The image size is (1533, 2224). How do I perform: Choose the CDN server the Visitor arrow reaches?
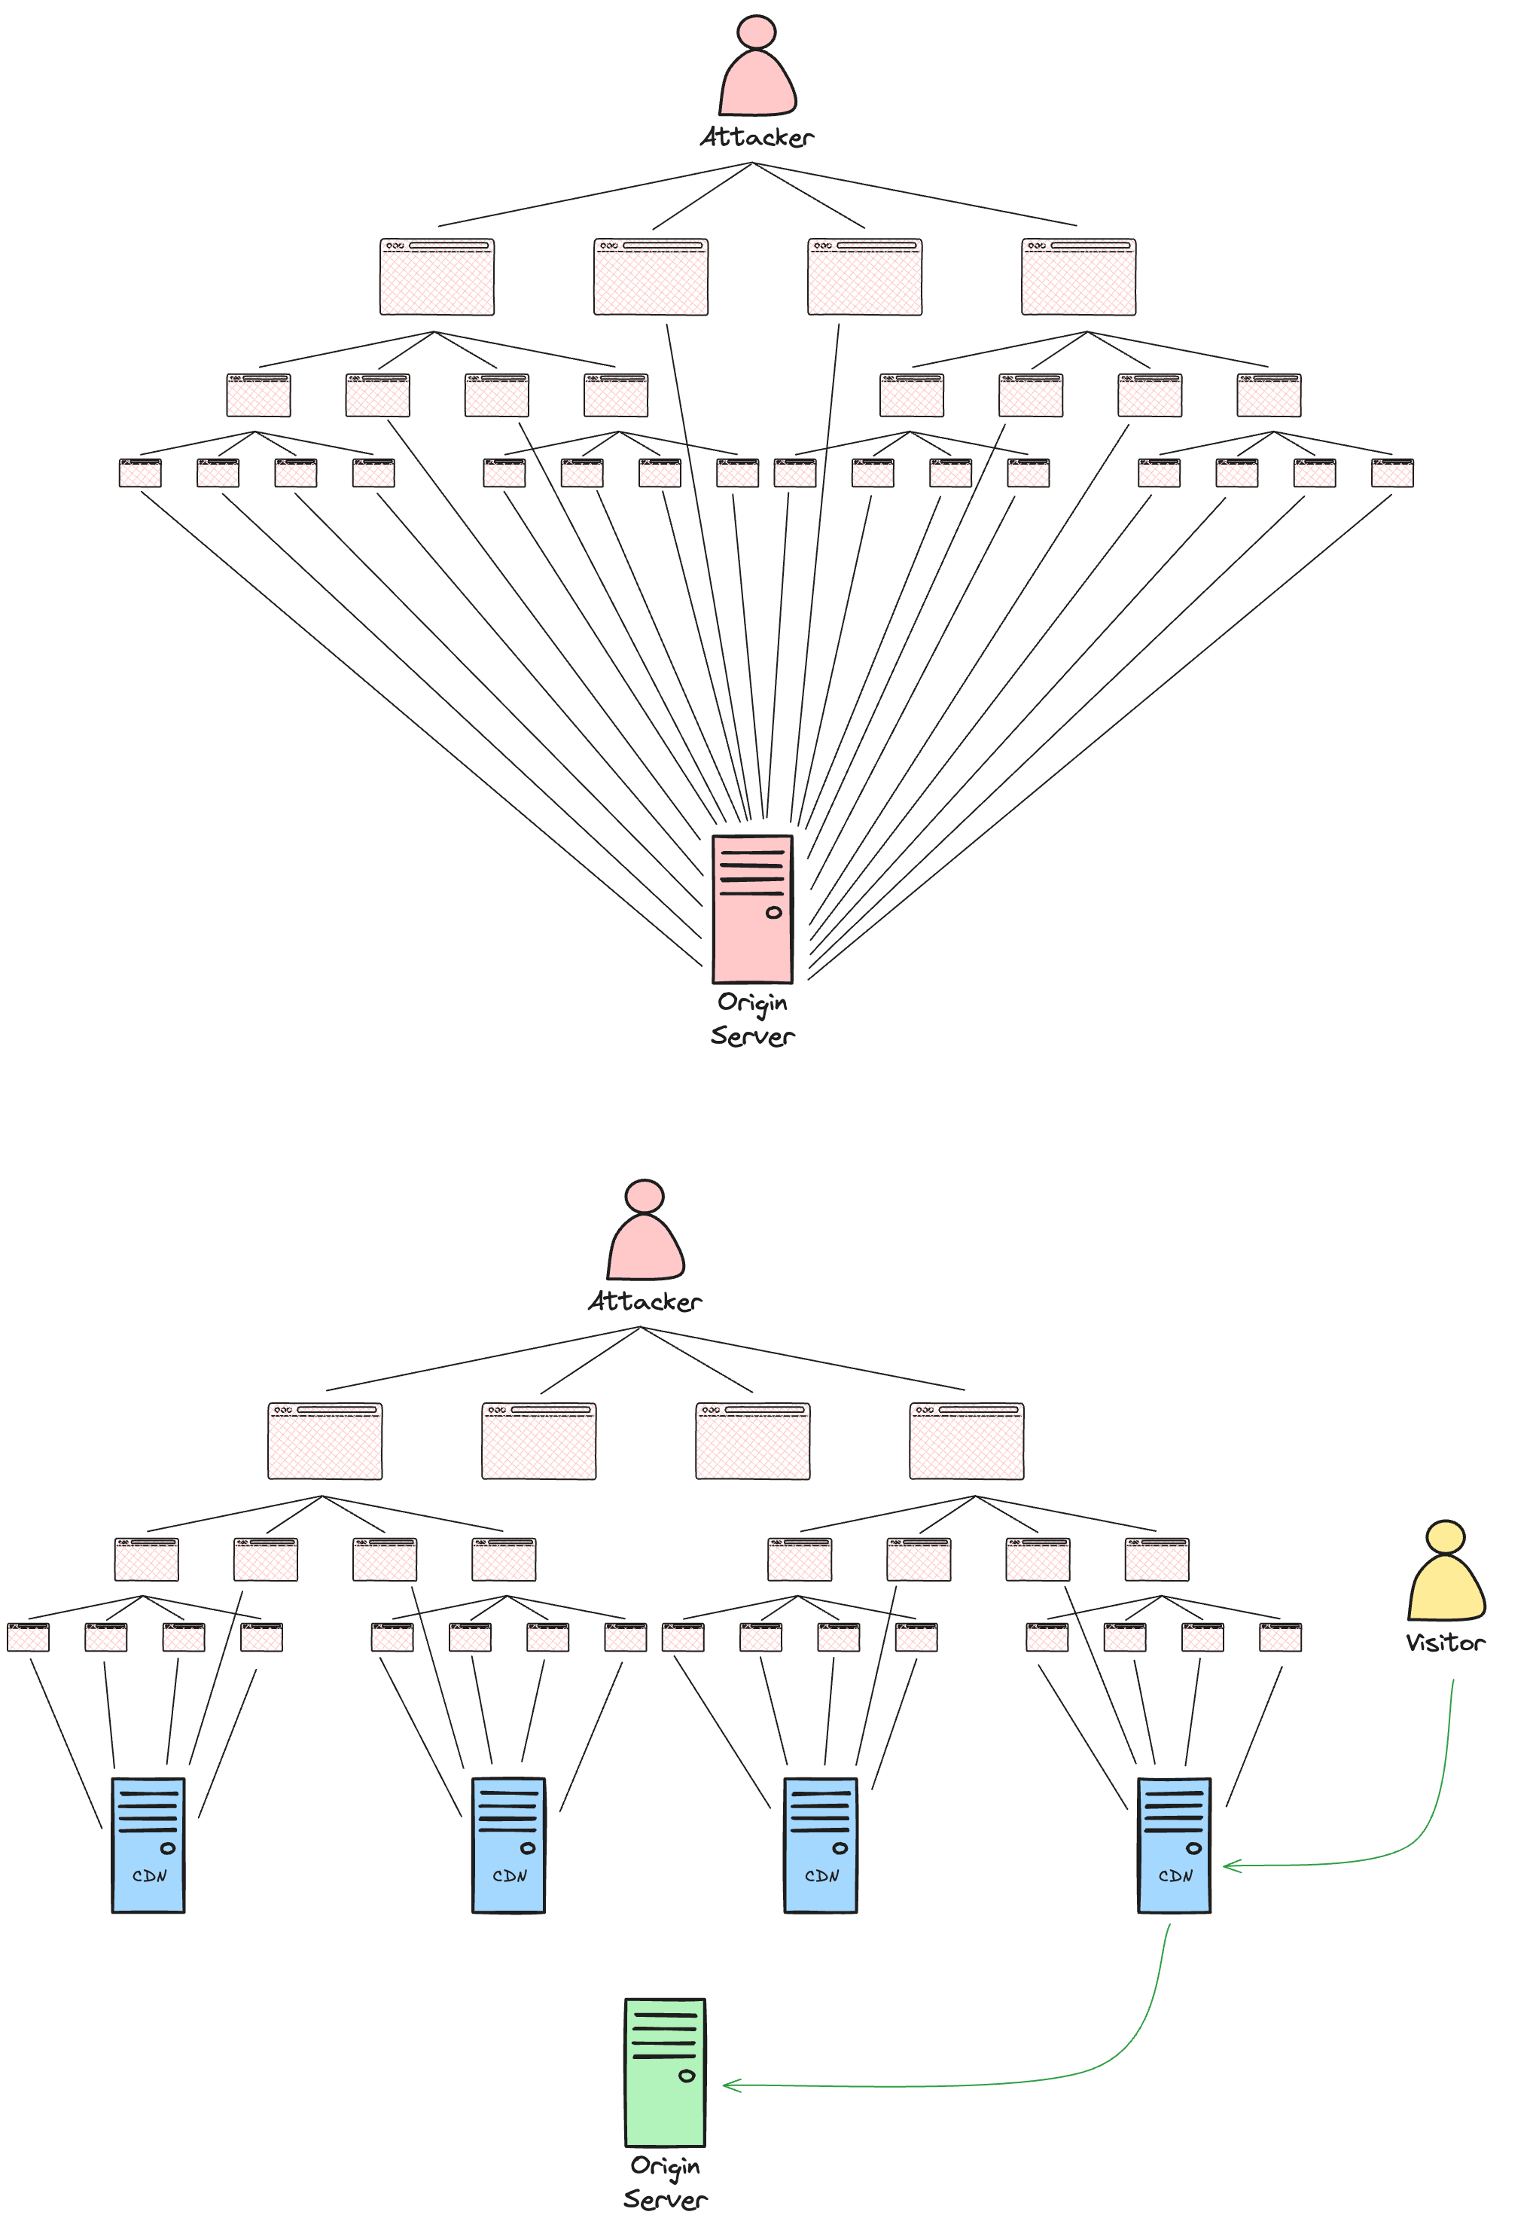1174,1845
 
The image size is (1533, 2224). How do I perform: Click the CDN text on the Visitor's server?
1175,1876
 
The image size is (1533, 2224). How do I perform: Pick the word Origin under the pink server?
752,1002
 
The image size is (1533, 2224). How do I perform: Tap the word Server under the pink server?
752,1036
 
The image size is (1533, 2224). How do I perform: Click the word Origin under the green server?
665,2166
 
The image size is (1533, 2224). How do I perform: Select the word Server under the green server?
665,2199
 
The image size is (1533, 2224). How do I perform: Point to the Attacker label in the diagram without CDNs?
757,137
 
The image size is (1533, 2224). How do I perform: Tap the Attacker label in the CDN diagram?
645,1301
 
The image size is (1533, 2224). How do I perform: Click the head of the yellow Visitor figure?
1446,1536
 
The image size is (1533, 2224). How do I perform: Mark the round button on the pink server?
773,913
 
